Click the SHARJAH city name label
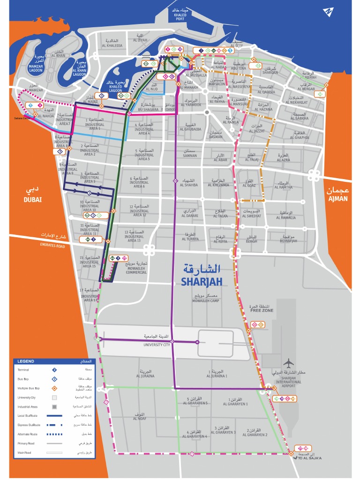(x=200, y=281)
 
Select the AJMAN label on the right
(x=337, y=199)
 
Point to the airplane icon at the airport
(x=289, y=363)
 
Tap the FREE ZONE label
(x=260, y=310)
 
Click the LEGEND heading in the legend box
(x=26, y=361)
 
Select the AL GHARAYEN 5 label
(x=195, y=403)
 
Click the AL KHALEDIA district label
(x=112, y=45)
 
